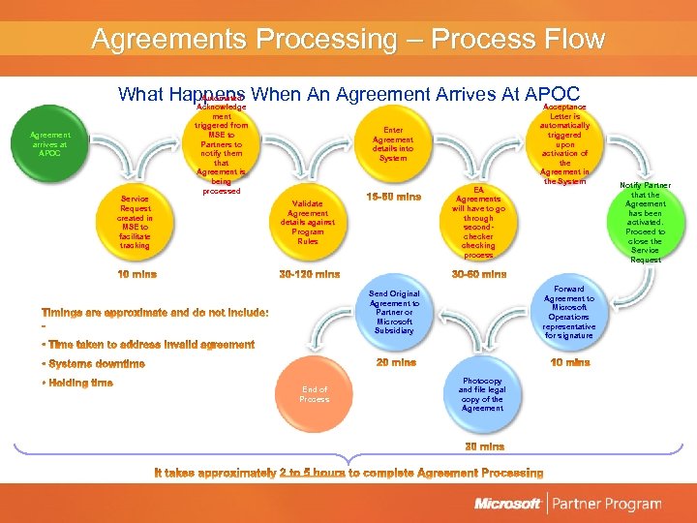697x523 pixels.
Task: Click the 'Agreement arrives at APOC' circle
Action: tap(49, 143)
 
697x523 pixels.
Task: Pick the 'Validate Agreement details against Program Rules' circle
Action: tap(308, 222)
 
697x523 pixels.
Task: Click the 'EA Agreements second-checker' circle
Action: tap(478, 223)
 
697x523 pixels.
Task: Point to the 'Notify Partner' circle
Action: tap(646, 222)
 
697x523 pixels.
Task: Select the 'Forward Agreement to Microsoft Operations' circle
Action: tap(569, 311)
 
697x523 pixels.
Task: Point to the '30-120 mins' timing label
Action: tap(309, 274)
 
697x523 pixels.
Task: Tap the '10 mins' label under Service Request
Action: tap(136, 274)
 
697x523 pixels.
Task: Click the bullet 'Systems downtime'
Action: tap(95, 364)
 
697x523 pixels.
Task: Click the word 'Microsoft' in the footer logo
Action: tap(507, 504)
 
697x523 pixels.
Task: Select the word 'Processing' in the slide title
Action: tap(329, 40)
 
